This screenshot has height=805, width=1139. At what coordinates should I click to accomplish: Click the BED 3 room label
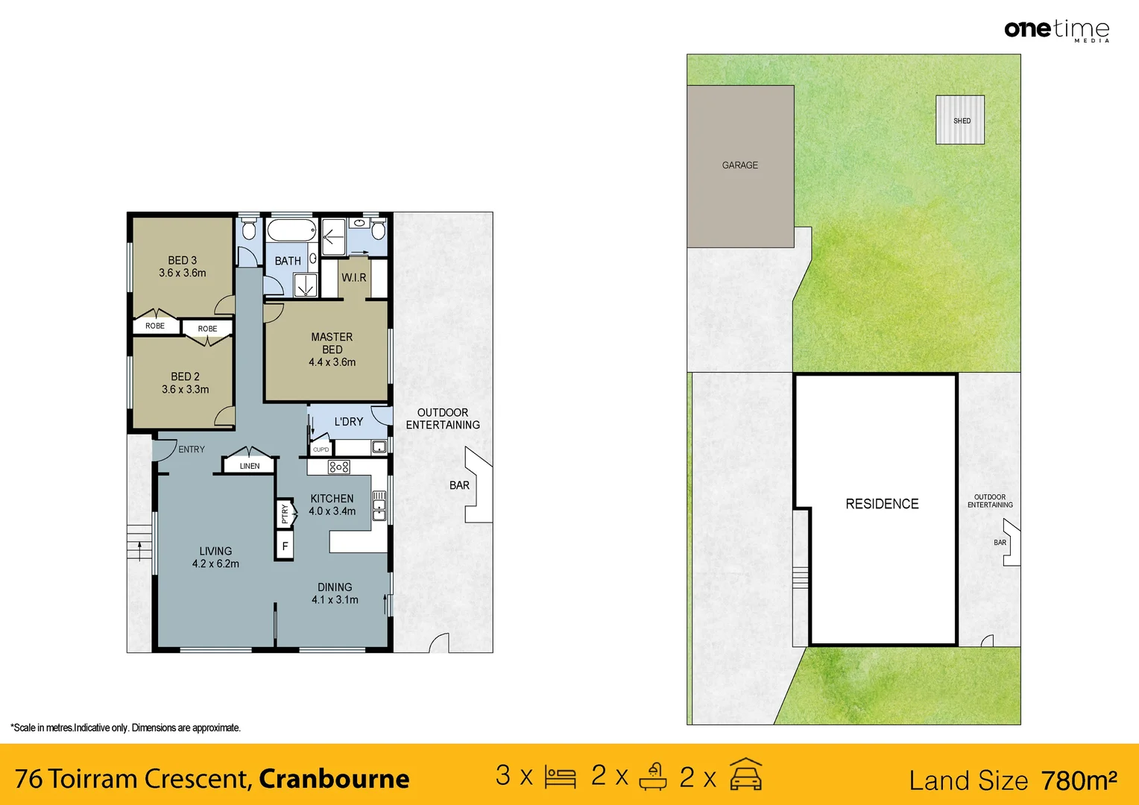[x=183, y=260]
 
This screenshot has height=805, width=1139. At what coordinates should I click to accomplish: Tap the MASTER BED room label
[x=332, y=343]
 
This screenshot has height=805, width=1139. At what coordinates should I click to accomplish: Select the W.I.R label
[x=354, y=277]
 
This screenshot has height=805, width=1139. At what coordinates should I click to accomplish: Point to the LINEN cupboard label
[x=250, y=466]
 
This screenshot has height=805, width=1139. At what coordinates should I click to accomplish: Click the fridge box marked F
[x=285, y=546]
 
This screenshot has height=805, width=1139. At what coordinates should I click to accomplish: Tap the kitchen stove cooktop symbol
[x=339, y=467]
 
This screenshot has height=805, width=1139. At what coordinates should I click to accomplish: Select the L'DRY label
[x=349, y=422]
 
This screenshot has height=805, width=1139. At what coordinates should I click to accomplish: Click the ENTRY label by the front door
[x=192, y=449]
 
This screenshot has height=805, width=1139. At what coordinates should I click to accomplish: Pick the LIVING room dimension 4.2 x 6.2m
[x=215, y=564]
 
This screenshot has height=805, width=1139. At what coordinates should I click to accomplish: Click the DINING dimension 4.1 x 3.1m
[x=335, y=600]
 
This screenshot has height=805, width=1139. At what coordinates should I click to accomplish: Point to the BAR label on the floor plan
[x=459, y=485]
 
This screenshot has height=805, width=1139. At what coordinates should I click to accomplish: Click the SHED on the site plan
[x=960, y=120]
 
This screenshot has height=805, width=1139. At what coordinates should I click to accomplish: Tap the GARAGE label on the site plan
[x=739, y=165]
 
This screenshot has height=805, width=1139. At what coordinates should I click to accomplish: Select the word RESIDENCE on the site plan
[x=882, y=504]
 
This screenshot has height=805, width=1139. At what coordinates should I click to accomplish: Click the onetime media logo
[x=1056, y=30]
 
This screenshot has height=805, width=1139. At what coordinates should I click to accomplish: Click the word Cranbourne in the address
[x=334, y=779]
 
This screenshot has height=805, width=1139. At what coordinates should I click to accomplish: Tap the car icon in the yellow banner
[x=745, y=774]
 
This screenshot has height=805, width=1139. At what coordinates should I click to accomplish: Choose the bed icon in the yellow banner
[x=560, y=777]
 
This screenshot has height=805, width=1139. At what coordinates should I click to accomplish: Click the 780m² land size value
[x=1079, y=780]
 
